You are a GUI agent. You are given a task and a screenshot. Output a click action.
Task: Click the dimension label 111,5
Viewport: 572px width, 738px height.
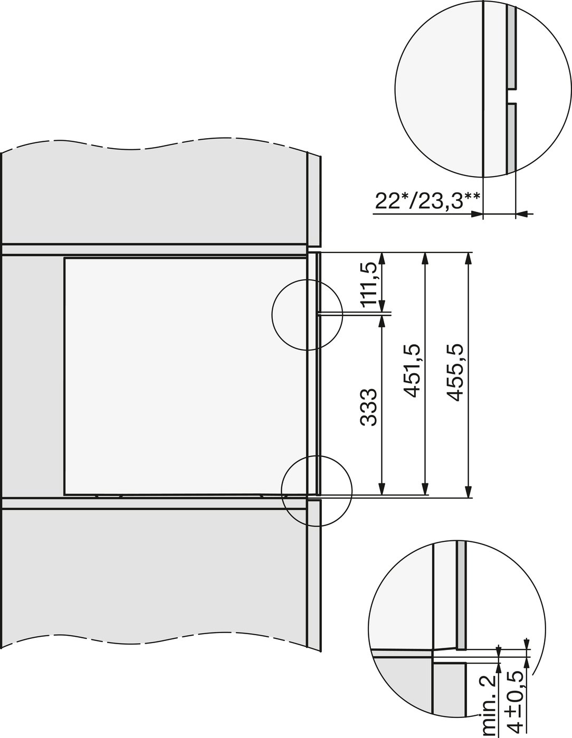coord(369,285)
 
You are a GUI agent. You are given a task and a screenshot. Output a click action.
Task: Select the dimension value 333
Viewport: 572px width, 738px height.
coord(368,407)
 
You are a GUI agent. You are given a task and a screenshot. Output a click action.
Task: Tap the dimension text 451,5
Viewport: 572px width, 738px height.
coord(411,371)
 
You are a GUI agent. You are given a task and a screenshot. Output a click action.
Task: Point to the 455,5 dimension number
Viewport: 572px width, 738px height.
coord(455,372)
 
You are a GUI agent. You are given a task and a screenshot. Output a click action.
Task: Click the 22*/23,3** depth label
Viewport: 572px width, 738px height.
coord(427,201)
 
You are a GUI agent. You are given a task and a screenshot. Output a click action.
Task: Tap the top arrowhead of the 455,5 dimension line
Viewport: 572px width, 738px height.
coord(469,258)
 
